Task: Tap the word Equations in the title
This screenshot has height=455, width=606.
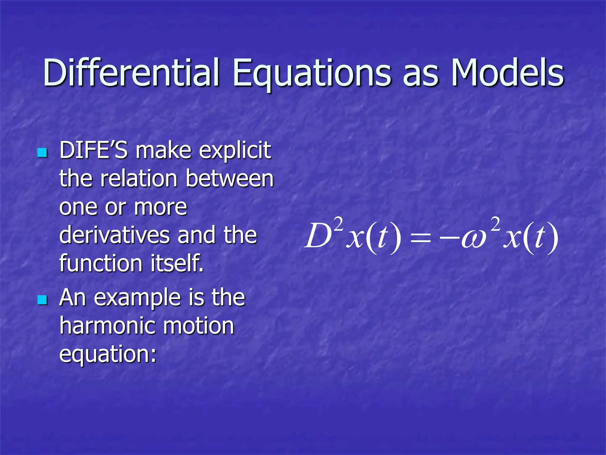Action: (x=312, y=73)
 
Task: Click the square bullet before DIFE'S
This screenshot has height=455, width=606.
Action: (x=43, y=153)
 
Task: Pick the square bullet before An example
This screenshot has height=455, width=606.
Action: (x=43, y=300)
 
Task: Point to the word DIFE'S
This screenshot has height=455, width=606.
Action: (x=94, y=150)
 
